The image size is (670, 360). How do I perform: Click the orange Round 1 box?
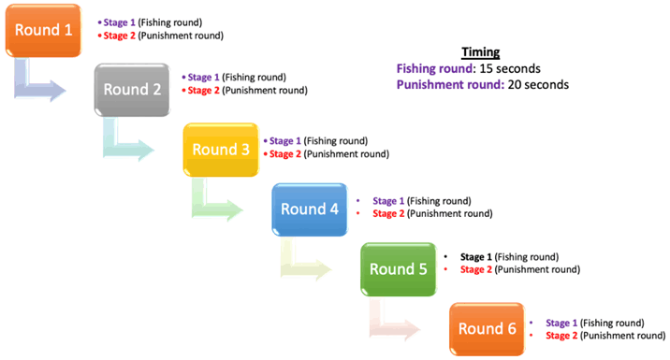(x=42, y=31)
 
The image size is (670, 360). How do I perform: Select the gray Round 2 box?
(x=132, y=91)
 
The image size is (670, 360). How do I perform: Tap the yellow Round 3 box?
(x=220, y=150)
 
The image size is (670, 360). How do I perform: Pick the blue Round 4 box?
(x=309, y=209)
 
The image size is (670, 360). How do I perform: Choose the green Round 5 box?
(x=398, y=269)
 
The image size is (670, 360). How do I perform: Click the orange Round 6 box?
(x=487, y=329)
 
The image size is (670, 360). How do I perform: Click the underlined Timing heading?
(x=481, y=52)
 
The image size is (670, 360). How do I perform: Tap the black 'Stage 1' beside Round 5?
(x=476, y=256)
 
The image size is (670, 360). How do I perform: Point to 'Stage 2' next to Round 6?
(x=562, y=335)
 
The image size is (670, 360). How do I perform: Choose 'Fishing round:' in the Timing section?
(x=434, y=68)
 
